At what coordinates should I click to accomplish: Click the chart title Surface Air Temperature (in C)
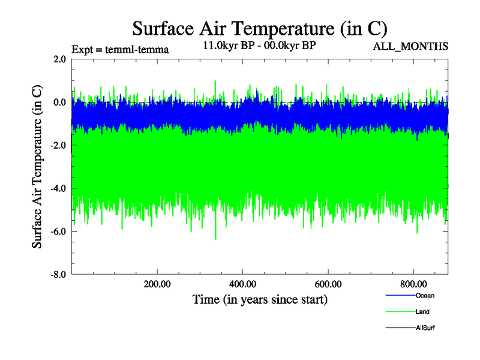tap(260, 28)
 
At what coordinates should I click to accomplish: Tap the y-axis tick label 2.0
tap(59, 59)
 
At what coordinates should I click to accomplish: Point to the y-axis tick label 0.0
tap(59, 102)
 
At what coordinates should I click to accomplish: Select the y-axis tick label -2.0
tap(58, 145)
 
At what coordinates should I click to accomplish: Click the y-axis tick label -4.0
tap(58, 188)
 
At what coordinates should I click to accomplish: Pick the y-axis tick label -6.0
tap(58, 232)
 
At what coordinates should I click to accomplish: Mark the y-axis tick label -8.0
tap(58, 274)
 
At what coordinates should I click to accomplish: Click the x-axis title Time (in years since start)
tap(260, 299)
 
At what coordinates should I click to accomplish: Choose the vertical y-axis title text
tap(37, 167)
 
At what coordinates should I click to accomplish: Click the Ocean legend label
tap(425, 296)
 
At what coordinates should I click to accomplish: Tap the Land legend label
tap(422, 312)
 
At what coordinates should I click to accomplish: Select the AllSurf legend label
tap(425, 328)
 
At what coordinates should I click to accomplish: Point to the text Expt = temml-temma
tap(120, 49)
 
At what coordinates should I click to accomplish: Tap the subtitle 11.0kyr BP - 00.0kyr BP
tap(260, 45)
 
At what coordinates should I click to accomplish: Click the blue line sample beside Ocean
tap(399, 296)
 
